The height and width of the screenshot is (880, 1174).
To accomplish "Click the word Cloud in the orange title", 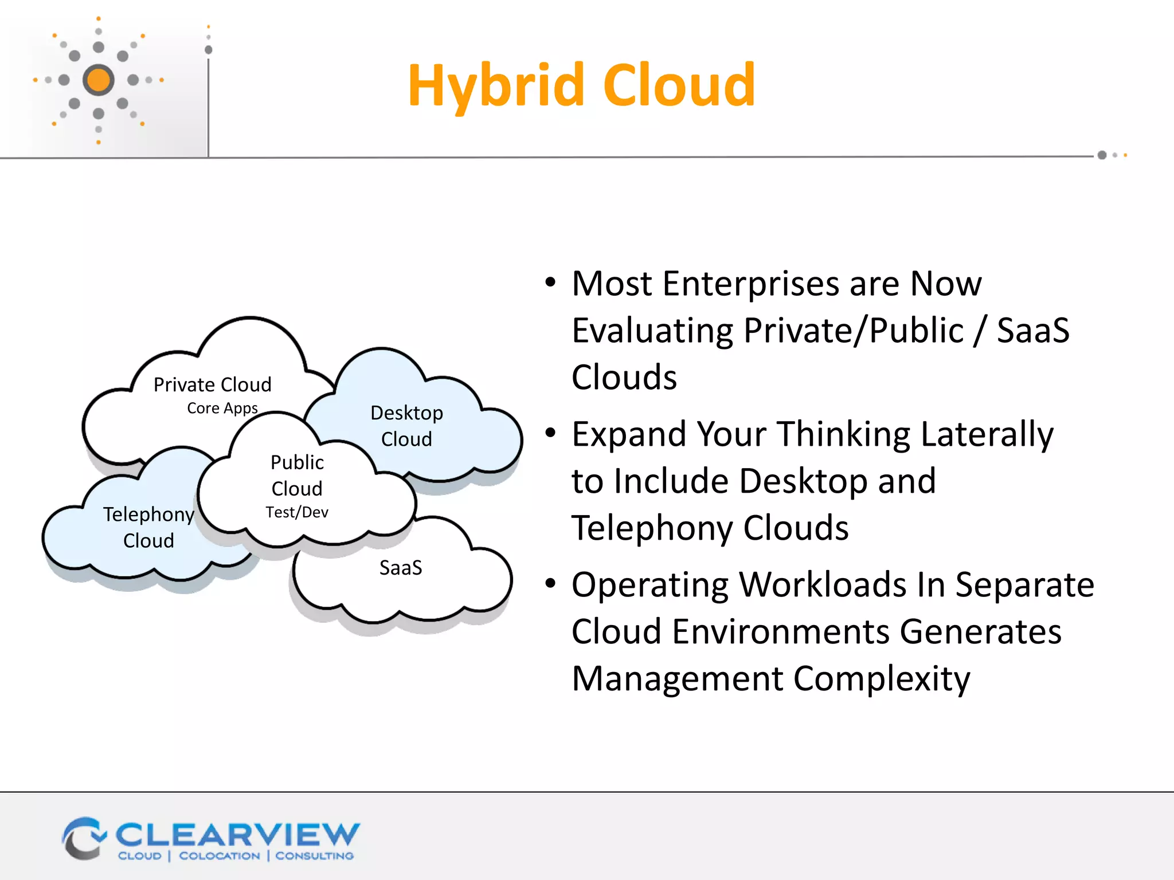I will point(679,86).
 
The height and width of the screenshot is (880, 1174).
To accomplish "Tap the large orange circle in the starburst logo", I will point(99,80).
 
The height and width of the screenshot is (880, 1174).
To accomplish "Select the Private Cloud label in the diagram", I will point(212,384).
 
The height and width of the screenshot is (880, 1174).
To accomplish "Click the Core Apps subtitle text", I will point(222,408).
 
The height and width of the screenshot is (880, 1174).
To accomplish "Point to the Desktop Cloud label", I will point(406,425).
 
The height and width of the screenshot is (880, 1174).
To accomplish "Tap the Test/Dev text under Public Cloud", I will point(297,512).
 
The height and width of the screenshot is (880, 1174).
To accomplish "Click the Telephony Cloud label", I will point(148,527).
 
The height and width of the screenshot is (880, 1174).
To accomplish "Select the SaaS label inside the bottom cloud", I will point(401,568).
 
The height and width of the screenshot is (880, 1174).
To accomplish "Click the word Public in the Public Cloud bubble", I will point(297,462).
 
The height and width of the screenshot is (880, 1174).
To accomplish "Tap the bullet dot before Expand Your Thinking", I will point(550,433).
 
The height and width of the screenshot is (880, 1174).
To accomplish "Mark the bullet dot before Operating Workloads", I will point(550,583).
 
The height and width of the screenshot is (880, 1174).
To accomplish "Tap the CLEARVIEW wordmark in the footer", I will point(237,835).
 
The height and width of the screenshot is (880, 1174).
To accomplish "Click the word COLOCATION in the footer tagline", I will point(219,856).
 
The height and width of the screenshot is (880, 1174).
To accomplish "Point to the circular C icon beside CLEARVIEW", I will point(83,839).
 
